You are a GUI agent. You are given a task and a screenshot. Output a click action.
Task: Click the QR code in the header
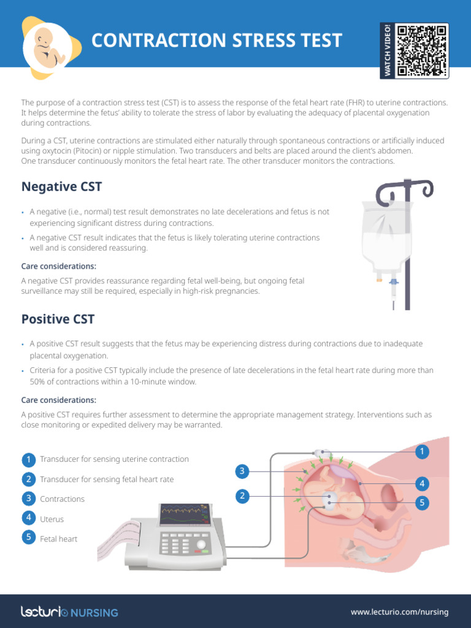[x=422, y=50]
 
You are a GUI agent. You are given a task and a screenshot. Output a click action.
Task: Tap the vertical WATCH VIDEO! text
[x=388, y=51]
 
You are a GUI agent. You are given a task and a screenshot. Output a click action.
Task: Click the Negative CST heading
[x=61, y=186]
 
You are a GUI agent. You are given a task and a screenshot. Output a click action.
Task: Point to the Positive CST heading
[x=58, y=319]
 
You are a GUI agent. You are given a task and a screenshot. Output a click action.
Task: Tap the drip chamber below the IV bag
[x=393, y=286]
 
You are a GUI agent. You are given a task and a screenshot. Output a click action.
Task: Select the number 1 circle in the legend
[x=28, y=459]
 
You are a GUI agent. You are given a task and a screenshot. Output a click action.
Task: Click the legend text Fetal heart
[x=58, y=539]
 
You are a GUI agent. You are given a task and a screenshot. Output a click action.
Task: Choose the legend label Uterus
[x=52, y=519]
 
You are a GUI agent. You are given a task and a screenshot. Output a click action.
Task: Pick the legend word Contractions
[x=62, y=499]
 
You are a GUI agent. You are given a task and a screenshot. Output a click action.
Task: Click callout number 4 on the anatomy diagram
[x=421, y=483]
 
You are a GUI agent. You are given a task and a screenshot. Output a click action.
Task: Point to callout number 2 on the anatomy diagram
[x=243, y=496]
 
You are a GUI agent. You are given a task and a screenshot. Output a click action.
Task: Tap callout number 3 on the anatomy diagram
[x=243, y=471]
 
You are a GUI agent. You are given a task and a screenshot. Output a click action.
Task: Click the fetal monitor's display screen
[x=185, y=516]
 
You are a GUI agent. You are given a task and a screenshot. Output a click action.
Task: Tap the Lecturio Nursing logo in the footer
[x=69, y=611]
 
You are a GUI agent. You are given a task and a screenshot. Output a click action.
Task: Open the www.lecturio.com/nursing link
[x=399, y=611]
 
